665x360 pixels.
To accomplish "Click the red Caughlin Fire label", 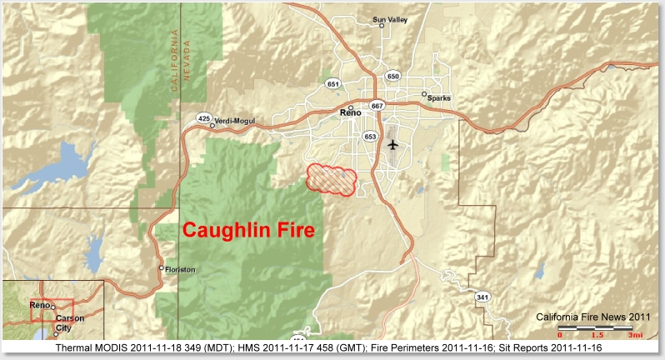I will (247, 230).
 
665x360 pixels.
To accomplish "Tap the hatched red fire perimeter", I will (332, 178).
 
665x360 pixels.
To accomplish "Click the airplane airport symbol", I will (393, 144).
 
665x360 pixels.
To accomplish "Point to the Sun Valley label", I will (389, 19).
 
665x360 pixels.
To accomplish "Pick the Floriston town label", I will (180, 270).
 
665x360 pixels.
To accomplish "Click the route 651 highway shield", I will (333, 84).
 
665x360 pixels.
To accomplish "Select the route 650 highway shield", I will (392, 76).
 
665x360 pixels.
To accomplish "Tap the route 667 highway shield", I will (377, 106).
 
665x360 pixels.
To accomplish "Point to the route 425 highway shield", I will (203, 118).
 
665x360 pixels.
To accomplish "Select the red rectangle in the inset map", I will (52, 310).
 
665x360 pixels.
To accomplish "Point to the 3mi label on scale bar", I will (636, 335).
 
